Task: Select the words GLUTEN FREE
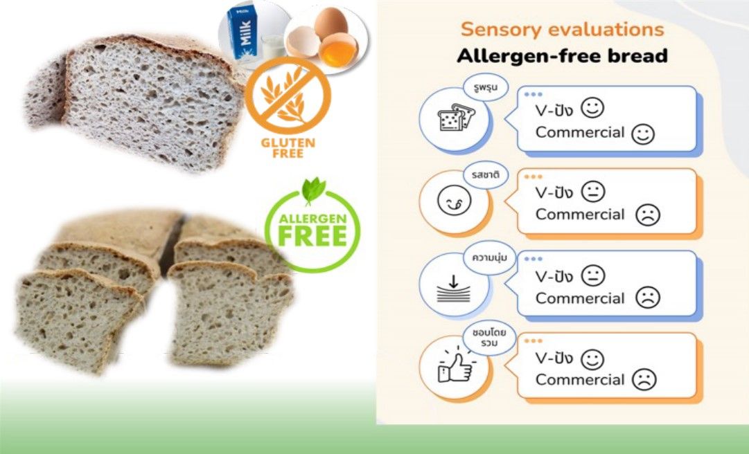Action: coord(288,148)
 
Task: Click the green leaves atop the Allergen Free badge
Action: coord(313,190)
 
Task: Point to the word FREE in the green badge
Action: coord(312,236)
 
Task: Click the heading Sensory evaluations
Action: coord(562,30)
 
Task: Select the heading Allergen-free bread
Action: coord(562,56)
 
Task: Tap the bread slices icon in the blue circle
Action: coord(456,118)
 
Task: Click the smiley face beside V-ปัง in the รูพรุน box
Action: coord(592,108)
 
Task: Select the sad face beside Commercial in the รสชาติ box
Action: coord(648,215)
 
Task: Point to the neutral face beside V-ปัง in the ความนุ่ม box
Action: coord(593,275)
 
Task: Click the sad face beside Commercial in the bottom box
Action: coord(644,380)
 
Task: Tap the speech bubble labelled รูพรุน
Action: coord(485,88)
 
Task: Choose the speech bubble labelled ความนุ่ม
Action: coord(489,257)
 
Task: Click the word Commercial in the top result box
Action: coord(580,132)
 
